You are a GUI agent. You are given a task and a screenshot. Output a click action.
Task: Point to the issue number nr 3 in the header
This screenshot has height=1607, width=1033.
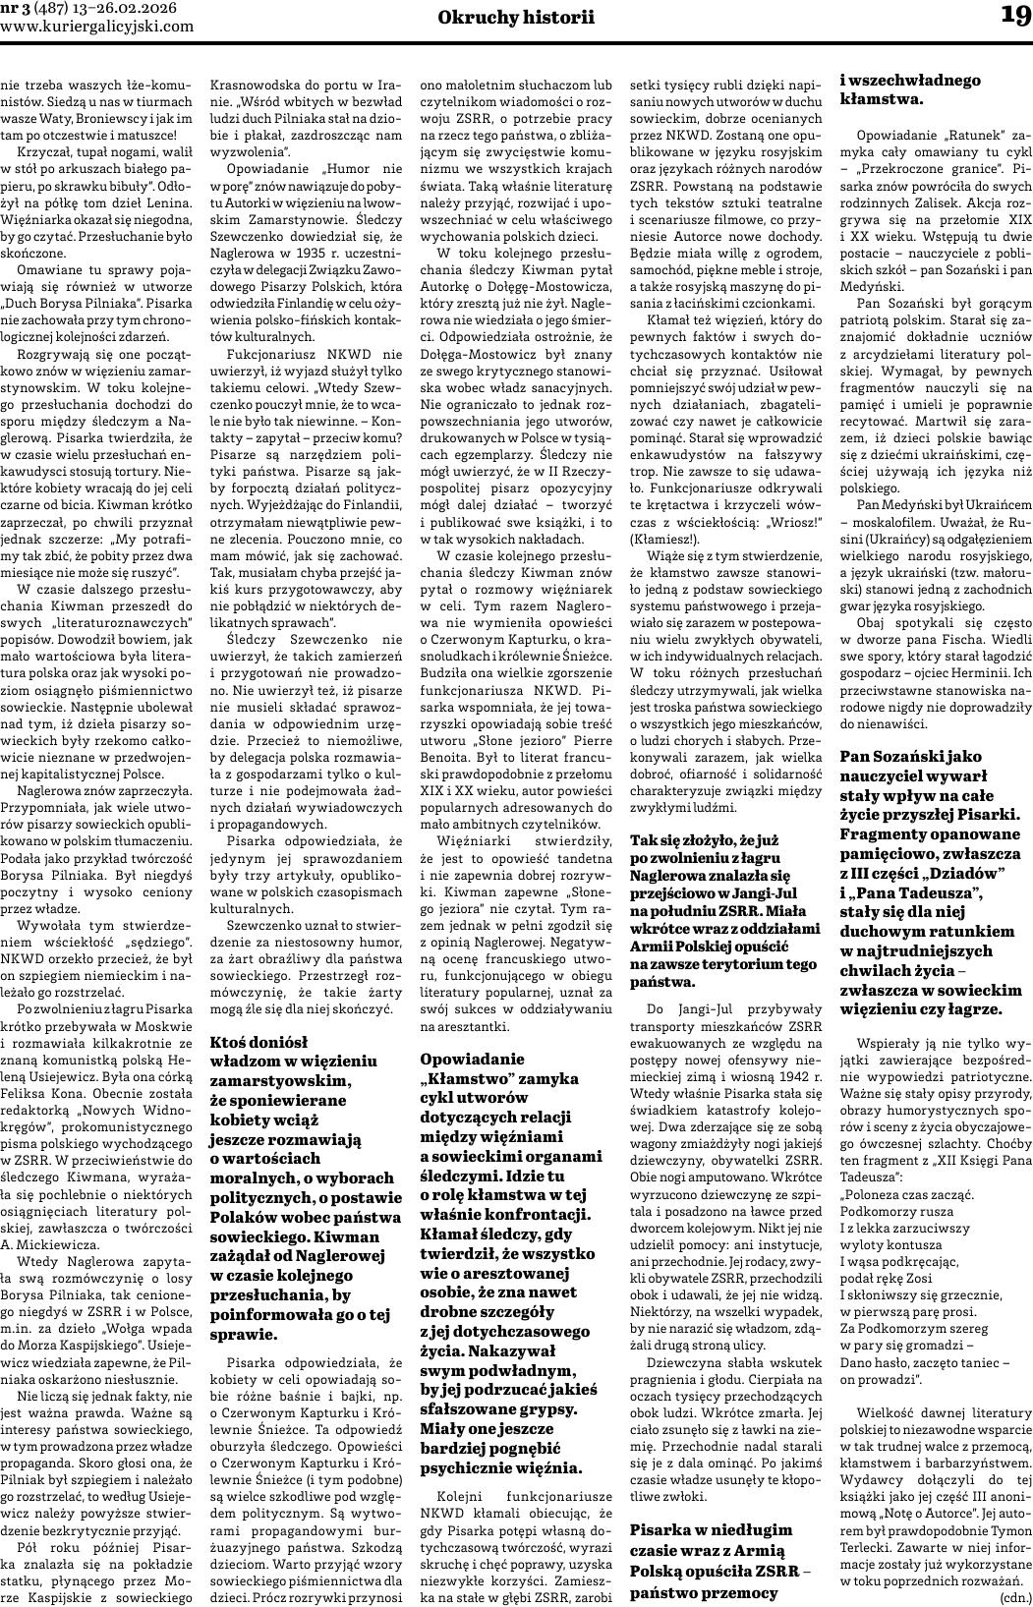click(x=16, y=9)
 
